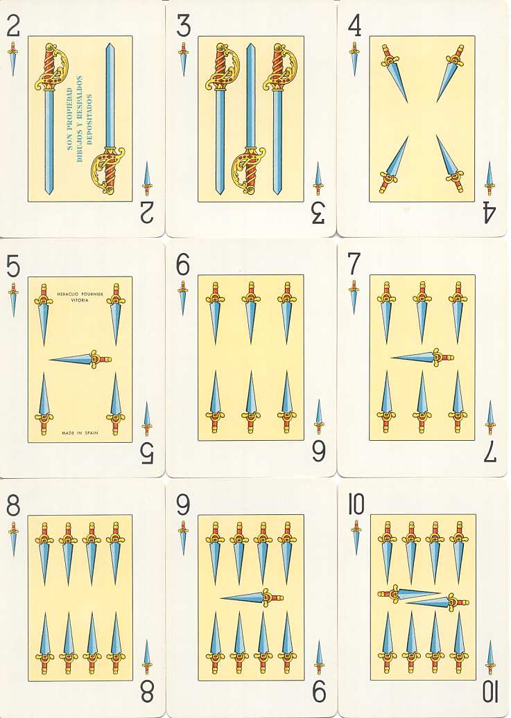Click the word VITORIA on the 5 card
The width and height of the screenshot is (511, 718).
[x=80, y=300]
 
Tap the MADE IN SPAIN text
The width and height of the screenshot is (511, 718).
[x=80, y=432]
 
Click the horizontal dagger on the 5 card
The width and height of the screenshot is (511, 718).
[x=80, y=360]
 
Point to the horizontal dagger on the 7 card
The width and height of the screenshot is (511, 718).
[x=422, y=357]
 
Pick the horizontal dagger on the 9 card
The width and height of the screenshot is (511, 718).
[x=252, y=597]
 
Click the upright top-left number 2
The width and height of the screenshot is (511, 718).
[x=13, y=26]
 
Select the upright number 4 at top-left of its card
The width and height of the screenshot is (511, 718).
[x=354, y=26]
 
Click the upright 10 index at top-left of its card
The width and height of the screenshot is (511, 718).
[x=356, y=505]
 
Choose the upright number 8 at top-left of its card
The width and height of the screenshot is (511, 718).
[x=13, y=507]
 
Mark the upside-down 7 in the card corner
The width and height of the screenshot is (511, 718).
[x=490, y=453]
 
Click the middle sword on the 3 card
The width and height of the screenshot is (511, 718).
[x=250, y=119]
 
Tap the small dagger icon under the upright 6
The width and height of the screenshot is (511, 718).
[x=183, y=297]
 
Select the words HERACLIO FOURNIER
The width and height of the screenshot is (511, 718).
[x=80, y=294]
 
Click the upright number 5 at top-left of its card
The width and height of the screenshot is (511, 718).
[x=13, y=267]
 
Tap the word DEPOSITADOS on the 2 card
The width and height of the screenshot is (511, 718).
[x=89, y=119]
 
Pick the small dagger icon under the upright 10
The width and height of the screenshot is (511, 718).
[x=356, y=538]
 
